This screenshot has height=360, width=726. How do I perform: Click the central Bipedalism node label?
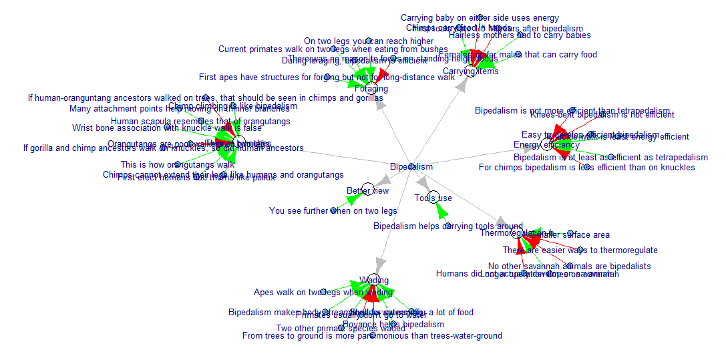click(x=411, y=166)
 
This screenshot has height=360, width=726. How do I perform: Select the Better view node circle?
click(x=367, y=190)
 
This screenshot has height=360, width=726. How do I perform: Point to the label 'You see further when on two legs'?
click(x=333, y=211)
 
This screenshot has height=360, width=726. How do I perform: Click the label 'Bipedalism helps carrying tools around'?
click(x=447, y=226)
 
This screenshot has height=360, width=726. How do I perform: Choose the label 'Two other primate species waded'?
click(x=341, y=328)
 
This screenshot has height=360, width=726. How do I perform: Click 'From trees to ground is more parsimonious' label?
click(x=372, y=336)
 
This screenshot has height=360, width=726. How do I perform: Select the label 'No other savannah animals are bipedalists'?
click(x=569, y=266)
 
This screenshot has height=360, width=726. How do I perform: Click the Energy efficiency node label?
click(x=546, y=145)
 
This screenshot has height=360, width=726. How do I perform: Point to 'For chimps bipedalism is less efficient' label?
click(x=586, y=167)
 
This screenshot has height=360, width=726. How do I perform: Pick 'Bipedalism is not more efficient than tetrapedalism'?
click(x=572, y=111)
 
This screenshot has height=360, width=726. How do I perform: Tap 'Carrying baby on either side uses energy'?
click(x=480, y=18)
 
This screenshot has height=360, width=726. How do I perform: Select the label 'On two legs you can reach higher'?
click(x=369, y=41)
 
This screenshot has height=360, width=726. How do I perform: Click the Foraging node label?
click(x=371, y=89)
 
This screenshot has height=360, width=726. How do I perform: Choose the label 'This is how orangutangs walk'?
click(x=178, y=164)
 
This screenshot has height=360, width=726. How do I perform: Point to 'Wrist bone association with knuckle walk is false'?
click(x=167, y=128)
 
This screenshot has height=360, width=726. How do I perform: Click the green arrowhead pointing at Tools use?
click(x=439, y=211)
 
